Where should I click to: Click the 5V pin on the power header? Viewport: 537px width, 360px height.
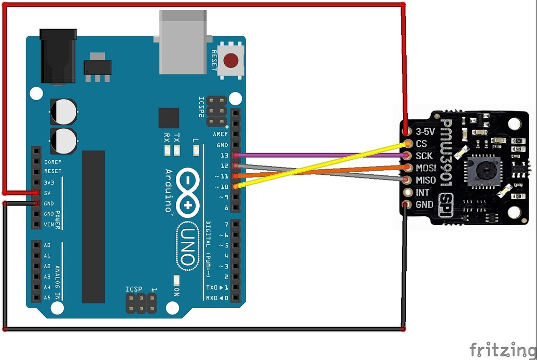coord(36,192)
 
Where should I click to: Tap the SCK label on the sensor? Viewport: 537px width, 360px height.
coord(424,156)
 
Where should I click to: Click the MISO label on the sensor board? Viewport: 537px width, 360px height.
coord(425,181)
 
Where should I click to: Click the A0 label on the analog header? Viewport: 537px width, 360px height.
coord(47,245)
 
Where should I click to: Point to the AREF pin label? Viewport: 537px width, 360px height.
coord(221,134)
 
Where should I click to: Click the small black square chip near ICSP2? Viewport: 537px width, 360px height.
coord(169,118)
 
